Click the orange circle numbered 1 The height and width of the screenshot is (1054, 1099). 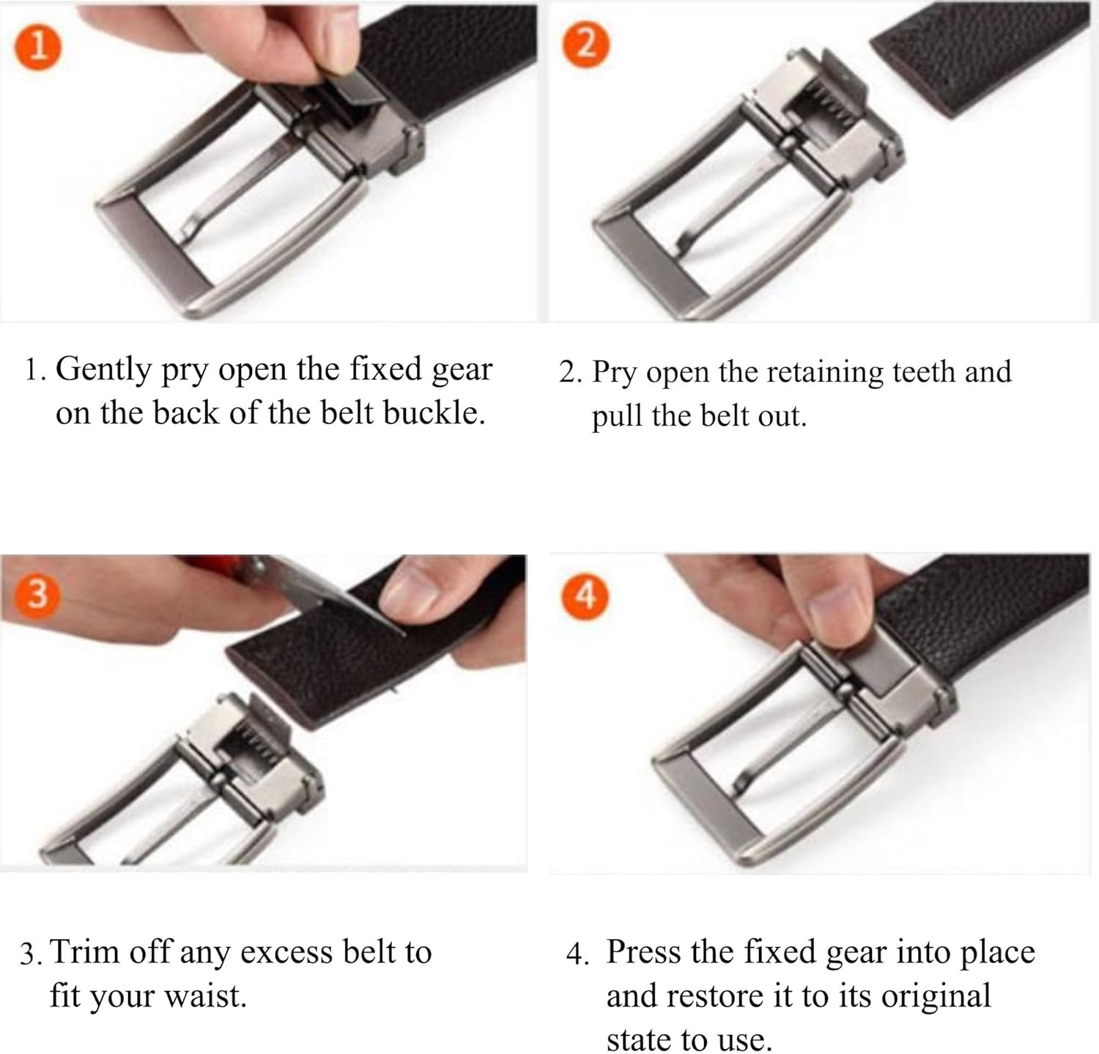(x=37, y=45)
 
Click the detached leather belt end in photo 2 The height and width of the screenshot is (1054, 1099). (x=974, y=59)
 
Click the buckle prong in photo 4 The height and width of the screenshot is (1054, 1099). (x=784, y=740)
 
